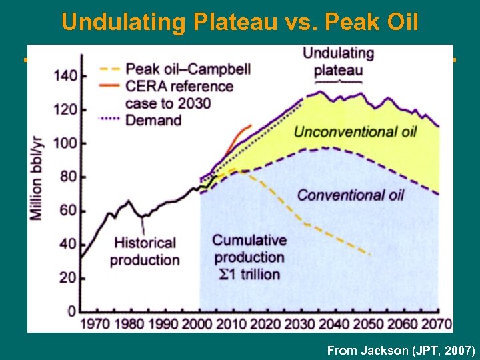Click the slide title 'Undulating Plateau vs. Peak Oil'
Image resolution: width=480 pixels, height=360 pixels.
click(240, 22)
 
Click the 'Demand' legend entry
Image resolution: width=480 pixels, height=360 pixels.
click(153, 120)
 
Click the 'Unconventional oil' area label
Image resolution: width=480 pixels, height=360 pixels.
click(355, 131)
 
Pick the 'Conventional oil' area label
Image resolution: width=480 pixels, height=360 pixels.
click(351, 195)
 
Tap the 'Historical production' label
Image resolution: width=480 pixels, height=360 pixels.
click(145, 251)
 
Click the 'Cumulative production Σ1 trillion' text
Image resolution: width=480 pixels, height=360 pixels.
click(249, 257)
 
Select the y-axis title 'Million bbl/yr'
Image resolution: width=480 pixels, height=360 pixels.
click(35, 177)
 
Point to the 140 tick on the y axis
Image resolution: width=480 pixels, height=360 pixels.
click(66, 76)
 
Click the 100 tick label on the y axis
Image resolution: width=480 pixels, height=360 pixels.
click(66, 143)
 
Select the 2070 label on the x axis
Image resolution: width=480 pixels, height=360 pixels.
click(437, 325)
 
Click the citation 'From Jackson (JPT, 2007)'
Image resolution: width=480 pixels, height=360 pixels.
click(401, 350)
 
